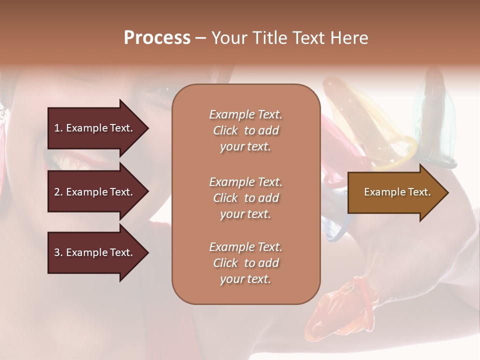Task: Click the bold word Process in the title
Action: [x=157, y=38]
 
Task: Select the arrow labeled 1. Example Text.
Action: [x=95, y=128]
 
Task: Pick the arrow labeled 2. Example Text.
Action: [x=95, y=192]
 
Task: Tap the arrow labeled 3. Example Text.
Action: [x=95, y=252]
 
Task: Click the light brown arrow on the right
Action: [x=395, y=192]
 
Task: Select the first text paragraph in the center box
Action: [x=245, y=130]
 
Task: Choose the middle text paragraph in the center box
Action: [x=245, y=197]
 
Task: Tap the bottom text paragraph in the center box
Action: [x=245, y=263]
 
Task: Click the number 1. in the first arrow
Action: [x=58, y=128]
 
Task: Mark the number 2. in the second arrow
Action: [x=58, y=192]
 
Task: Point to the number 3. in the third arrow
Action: [x=58, y=252]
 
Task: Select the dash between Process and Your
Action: [x=200, y=38]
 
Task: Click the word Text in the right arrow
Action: [x=419, y=192]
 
